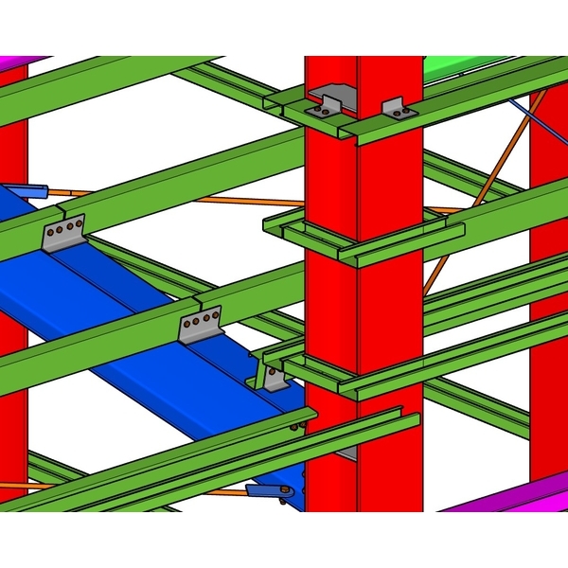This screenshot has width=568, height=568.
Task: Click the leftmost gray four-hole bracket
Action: point(64,234)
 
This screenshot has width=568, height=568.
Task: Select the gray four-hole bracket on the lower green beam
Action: point(201,325)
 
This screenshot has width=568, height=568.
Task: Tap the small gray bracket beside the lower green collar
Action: point(275,379)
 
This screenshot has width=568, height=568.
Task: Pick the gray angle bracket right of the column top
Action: point(398,108)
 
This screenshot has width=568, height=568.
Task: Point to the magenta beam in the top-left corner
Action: point(24,62)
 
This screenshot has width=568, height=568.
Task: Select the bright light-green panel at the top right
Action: point(454,64)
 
